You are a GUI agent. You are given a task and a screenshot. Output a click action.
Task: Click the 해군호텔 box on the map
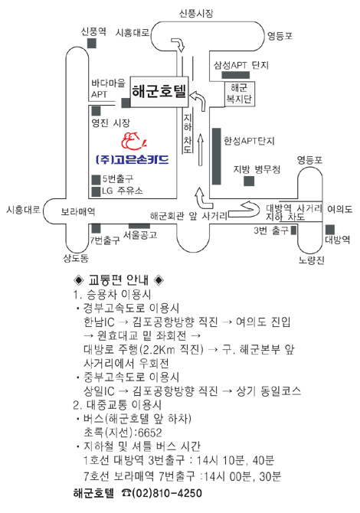tap(159, 92)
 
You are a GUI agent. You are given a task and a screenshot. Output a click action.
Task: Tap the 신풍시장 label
tap(196, 13)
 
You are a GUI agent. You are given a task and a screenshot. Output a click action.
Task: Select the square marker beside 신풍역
tap(92, 43)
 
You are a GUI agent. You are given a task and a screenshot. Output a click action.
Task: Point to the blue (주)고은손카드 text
tap(133, 159)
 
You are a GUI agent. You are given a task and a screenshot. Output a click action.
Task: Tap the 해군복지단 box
tap(239, 93)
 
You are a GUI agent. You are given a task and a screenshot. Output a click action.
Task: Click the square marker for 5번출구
tap(96, 180)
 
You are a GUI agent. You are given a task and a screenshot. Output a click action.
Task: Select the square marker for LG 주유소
tap(96, 191)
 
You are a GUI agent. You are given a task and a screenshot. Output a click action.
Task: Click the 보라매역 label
tap(78, 211)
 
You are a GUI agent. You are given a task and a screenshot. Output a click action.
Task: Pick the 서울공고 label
tap(140, 234)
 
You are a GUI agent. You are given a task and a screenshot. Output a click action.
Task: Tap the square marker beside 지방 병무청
tap(249, 181)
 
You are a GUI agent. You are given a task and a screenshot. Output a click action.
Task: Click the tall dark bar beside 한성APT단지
tap(216, 156)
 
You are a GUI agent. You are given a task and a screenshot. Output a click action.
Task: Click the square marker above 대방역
tap(330, 230)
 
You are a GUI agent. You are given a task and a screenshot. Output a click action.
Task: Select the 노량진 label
tap(311, 260)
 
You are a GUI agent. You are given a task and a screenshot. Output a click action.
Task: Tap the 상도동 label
tap(76, 259)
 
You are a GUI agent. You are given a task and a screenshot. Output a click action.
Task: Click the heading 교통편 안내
tap(119, 280)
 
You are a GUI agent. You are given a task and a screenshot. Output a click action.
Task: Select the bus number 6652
tap(150, 433)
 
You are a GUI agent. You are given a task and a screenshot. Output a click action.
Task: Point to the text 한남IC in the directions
tap(99, 322)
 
